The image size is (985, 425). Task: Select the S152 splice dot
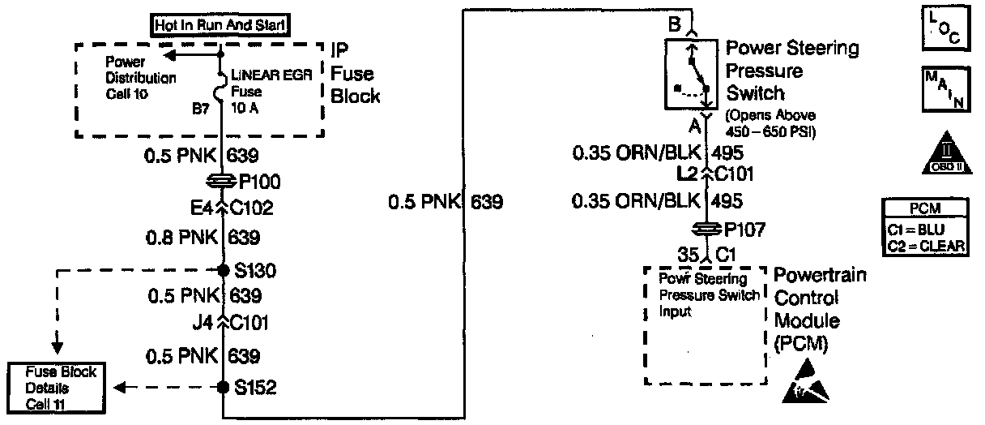pos(223,388)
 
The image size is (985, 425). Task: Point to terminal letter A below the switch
pos(694,126)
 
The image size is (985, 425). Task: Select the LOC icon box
pos(944,27)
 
